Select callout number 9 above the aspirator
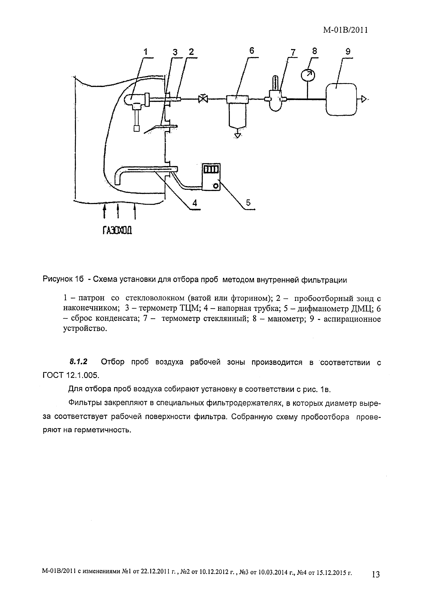[348, 52]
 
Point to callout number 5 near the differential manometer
[248, 202]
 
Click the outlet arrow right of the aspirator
[363, 99]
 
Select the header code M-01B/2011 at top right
[345, 30]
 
